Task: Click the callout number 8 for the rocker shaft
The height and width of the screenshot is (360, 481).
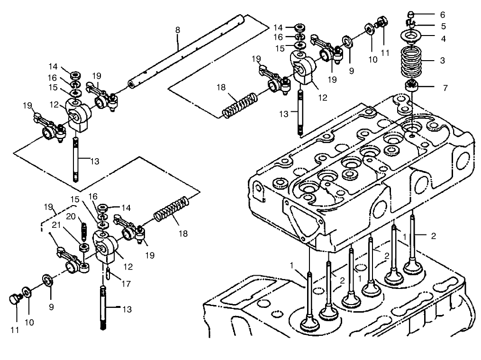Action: (x=178, y=30)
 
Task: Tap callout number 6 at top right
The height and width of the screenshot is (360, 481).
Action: (x=443, y=15)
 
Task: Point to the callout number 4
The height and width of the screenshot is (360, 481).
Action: (x=443, y=39)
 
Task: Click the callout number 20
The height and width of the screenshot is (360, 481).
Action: (x=71, y=216)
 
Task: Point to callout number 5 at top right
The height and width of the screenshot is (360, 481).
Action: (x=443, y=26)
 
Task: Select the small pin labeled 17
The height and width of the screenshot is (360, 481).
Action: (x=109, y=273)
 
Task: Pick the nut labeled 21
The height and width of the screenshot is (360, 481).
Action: (x=83, y=247)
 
